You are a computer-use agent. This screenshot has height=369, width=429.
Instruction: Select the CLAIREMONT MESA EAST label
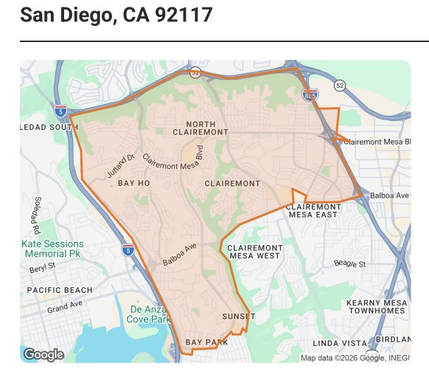[x=313, y=210]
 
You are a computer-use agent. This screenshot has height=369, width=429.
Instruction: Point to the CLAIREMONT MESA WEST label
[x=254, y=252]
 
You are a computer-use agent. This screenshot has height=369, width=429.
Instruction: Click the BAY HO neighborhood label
[x=133, y=182]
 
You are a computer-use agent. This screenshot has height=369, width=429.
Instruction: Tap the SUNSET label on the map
[x=238, y=317]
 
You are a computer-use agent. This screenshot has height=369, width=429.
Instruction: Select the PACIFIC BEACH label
[x=60, y=290]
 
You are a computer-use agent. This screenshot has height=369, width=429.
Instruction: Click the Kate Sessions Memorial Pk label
[x=52, y=249]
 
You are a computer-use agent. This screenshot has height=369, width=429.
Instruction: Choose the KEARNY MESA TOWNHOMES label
[x=374, y=307]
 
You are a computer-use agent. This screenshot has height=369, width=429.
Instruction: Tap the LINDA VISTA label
[x=340, y=343]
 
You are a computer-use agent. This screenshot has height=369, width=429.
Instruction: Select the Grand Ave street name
[x=64, y=307]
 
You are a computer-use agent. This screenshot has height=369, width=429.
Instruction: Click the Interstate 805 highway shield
[x=310, y=94]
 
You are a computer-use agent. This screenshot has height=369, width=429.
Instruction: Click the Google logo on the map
[x=43, y=355]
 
